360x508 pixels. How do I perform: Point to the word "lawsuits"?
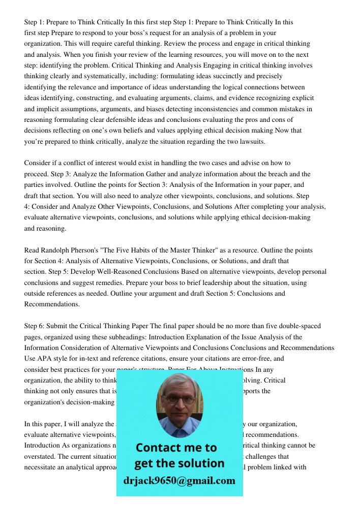252,141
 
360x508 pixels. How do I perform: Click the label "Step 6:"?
35,326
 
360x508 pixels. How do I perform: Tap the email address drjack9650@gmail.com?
179,481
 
